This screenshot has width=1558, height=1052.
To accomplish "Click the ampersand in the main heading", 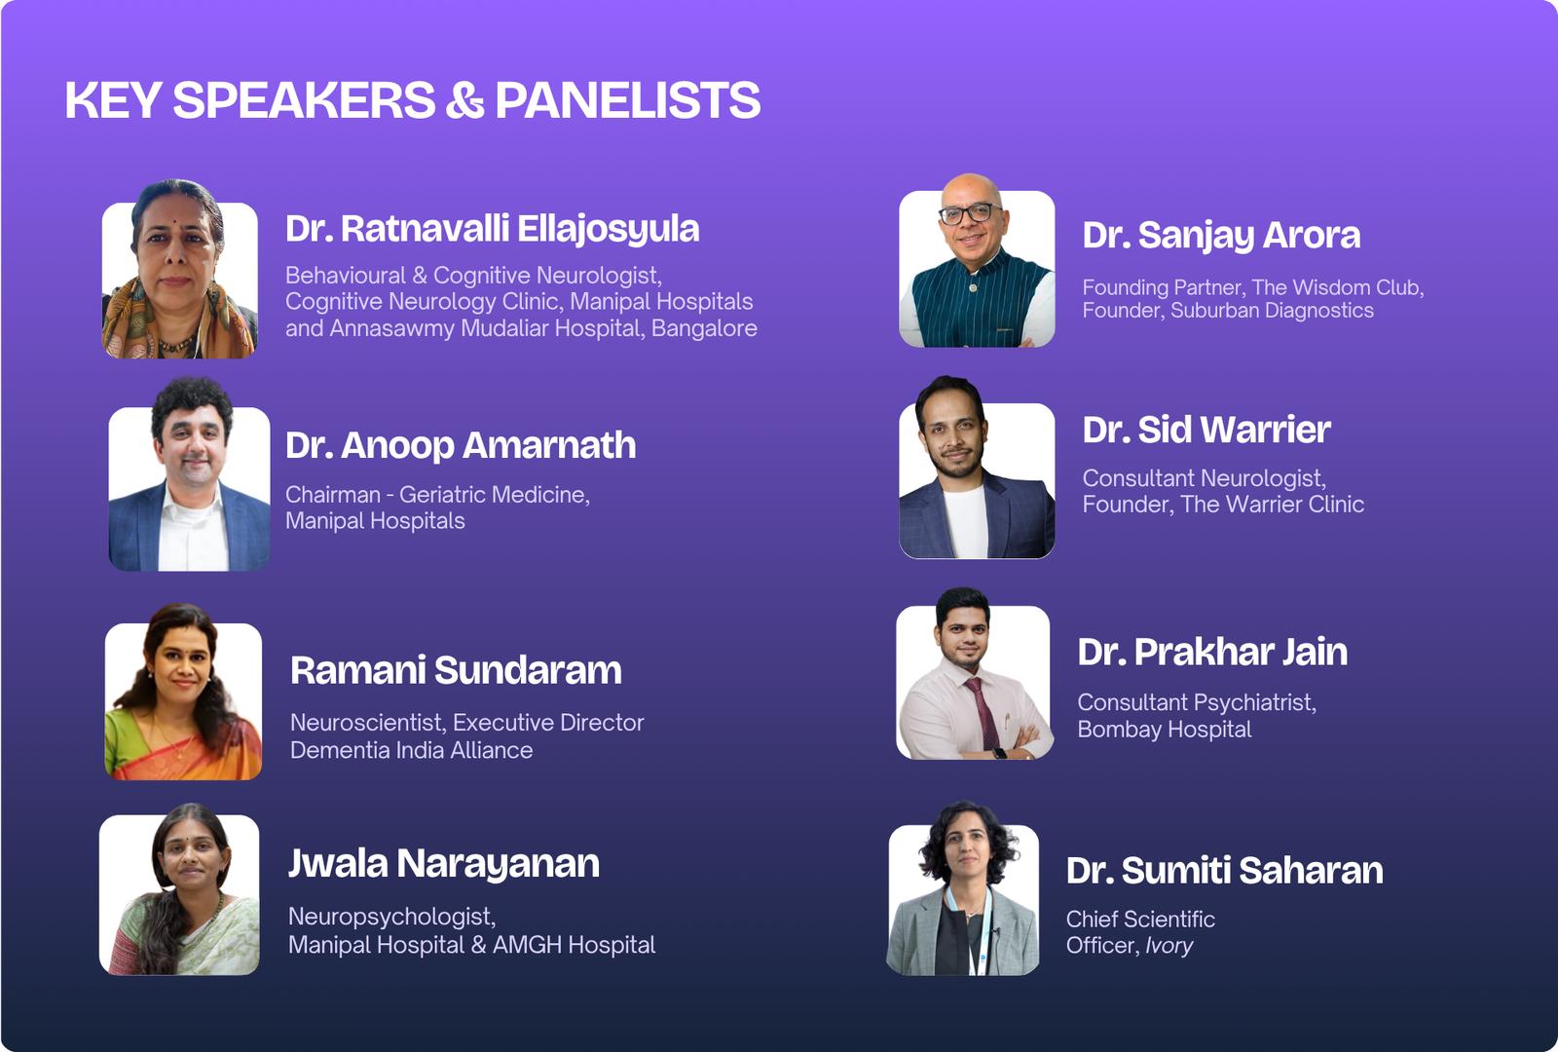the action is (x=464, y=100).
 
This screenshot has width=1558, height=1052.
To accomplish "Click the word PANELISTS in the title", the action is (x=627, y=100).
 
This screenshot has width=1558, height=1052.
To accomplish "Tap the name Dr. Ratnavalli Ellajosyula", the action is (x=493, y=230).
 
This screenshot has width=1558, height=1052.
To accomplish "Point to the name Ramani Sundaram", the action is (x=456, y=670).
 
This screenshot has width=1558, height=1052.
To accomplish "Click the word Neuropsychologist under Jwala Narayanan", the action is (x=391, y=917).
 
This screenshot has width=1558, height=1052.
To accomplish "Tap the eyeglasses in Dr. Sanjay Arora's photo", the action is (x=970, y=213).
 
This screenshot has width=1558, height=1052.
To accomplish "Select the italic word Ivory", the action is (x=1168, y=946).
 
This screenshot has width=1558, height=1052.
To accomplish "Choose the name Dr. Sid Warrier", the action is (x=1206, y=430).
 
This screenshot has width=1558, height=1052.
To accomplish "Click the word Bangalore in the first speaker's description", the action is (x=704, y=328).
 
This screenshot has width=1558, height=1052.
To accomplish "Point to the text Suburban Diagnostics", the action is (x=1272, y=311).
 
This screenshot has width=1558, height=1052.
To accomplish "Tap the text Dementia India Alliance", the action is (x=411, y=750).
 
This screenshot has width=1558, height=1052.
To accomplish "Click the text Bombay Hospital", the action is (x=1165, y=730).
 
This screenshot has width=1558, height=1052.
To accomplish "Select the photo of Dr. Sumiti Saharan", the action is (x=963, y=887).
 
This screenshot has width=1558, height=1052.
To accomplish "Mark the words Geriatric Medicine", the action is (x=494, y=495).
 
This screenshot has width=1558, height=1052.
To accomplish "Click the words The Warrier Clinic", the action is (x=1272, y=505).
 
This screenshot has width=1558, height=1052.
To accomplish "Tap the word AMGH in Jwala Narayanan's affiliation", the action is (x=527, y=945).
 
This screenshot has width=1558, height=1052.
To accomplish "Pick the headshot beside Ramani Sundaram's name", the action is (x=183, y=692).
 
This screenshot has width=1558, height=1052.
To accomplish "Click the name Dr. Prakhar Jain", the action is (x=1212, y=653).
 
